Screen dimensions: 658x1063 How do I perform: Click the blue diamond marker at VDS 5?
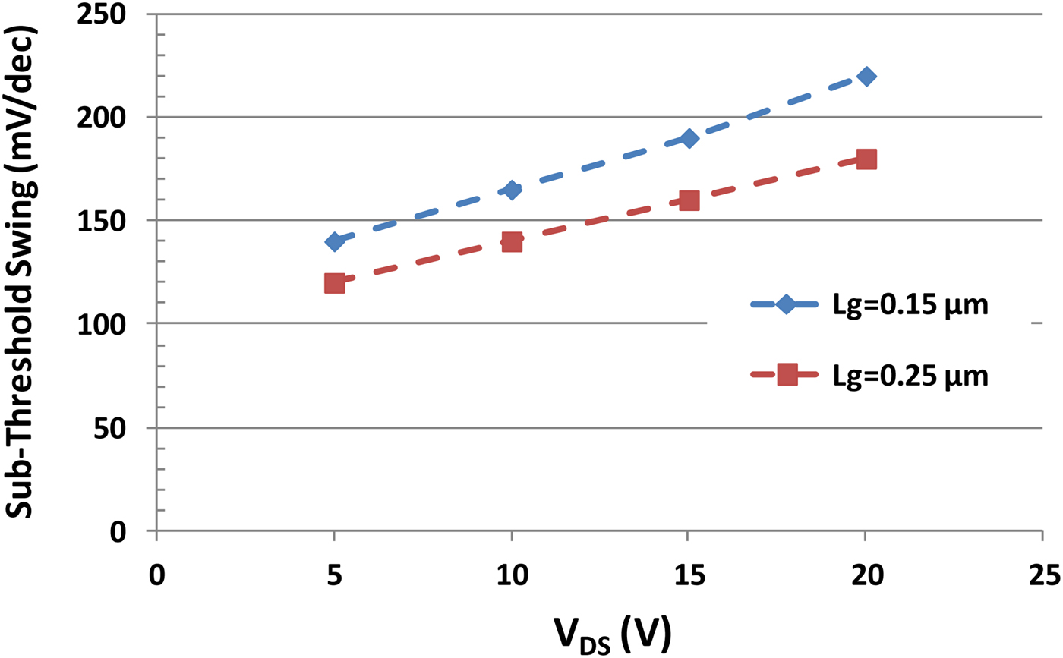pyautogui.click(x=334, y=241)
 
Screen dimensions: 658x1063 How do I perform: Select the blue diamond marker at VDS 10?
pyautogui.click(x=512, y=190)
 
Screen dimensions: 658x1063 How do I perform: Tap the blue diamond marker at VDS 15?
pyautogui.click(x=689, y=138)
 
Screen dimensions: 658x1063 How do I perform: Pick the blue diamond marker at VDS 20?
pyautogui.click(x=866, y=76)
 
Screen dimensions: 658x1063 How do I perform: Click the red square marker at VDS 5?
pyautogui.click(x=334, y=283)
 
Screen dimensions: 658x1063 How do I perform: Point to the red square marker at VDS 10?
pyautogui.click(x=512, y=242)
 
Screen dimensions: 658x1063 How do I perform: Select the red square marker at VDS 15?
pyautogui.click(x=689, y=200)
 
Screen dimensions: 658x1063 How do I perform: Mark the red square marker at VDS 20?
pyautogui.click(x=866, y=159)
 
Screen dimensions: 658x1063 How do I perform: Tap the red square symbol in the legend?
pyautogui.click(x=787, y=375)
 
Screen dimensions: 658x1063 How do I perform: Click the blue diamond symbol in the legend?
pyautogui.click(x=787, y=304)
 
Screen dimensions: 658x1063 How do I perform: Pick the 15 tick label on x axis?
pyautogui.click(x=689, y=576)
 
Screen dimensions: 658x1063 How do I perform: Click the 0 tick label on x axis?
pyautogui.click(x=156, y=576)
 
